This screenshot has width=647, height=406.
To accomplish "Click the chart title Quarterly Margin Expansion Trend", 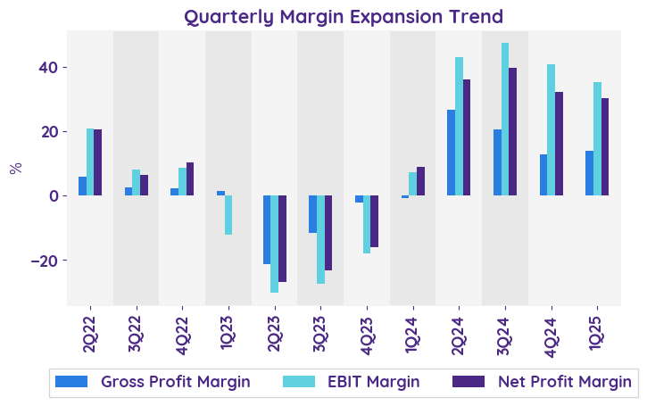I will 344,17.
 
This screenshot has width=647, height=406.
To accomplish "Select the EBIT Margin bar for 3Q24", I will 505,119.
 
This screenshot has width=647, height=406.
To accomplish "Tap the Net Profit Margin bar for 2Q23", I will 283,238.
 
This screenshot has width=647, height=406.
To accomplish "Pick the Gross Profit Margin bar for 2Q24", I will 452,153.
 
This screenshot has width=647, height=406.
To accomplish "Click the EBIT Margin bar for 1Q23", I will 228,215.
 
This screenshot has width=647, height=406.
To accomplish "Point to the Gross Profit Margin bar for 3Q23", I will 313,214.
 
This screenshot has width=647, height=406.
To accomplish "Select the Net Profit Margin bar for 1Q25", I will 605,147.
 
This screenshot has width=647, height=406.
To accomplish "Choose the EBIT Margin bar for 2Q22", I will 90,162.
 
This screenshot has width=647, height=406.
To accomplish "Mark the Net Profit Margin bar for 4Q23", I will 375,221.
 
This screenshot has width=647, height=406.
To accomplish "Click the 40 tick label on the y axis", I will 47,68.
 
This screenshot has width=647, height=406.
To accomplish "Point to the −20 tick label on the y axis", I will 41,261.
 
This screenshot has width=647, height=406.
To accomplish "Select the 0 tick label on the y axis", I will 53,196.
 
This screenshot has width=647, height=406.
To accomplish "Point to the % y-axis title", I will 15,168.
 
